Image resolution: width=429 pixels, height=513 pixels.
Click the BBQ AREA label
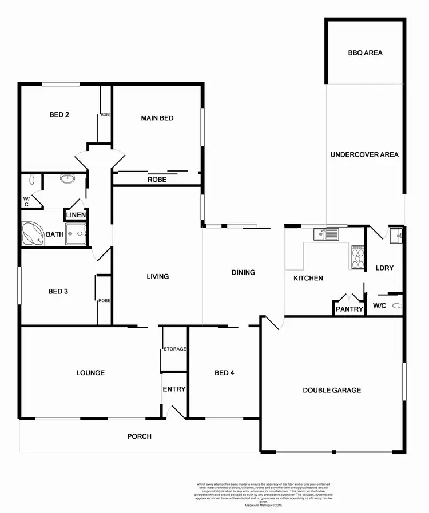[x=365, y=53]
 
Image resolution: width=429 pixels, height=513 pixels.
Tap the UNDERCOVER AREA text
[x=364, y=154]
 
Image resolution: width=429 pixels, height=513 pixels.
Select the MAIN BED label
[x=157, y=118]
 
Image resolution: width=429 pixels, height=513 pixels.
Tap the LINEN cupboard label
[x=76, y=215]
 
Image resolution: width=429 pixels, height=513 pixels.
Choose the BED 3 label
[x=58, y=291]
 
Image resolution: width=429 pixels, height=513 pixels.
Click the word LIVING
[x=158, y=276]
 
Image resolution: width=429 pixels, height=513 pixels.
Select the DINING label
[x=243, y=272]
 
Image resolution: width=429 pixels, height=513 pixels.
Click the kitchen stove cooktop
[x=357, y=257]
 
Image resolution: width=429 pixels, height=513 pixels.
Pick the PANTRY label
[x=349, y=309]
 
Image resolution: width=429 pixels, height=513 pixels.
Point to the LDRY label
[x=384, y=268]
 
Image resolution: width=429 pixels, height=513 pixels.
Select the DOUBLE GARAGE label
[x=332, y=390]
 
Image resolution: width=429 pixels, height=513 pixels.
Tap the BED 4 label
[x=224, y=373]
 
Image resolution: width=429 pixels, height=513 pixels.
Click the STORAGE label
[x=174, y=349]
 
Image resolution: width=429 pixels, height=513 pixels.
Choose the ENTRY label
[x=174, y=389]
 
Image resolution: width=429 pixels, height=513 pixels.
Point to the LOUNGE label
[x=90, y=373]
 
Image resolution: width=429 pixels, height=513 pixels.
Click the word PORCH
[x=140, y=436]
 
